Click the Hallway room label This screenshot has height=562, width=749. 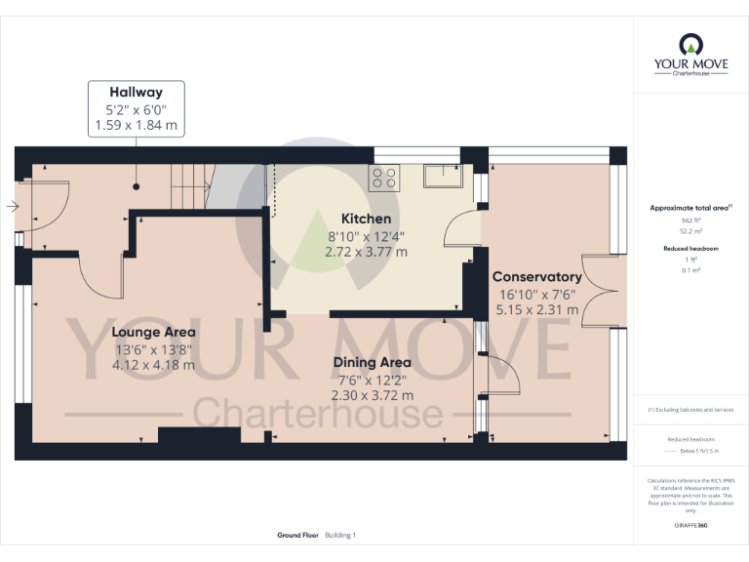click(x=136, y=93)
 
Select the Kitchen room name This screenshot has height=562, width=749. click(x=366, y=219)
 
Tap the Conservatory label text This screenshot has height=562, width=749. click(x=536, y=277)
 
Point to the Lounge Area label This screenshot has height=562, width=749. click(x=153, y=332)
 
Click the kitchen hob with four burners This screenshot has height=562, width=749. click(x=384, y=178)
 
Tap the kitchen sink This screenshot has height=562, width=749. click(x=447, y=176)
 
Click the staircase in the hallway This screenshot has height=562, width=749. click(x=192, y=184)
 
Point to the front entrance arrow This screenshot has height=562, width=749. click(x=11, y=207)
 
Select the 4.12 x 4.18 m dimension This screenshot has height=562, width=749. click(x=153, y=365)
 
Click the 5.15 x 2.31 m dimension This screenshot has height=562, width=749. click(x=536, y=310)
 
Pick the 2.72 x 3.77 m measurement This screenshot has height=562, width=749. click(x=366, y=252)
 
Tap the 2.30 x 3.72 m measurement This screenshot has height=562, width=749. click(x=375, y=396)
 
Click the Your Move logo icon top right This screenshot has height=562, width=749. click(x=690, y=46)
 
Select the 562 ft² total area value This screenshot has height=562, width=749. click(x=690, y=221)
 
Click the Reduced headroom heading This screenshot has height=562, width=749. click(x=690, y=249)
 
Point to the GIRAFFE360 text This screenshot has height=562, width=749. click(x=690, y=525)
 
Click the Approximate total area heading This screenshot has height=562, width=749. click(x=689, y=208)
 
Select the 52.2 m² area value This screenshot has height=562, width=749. click(x=690, y=232)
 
